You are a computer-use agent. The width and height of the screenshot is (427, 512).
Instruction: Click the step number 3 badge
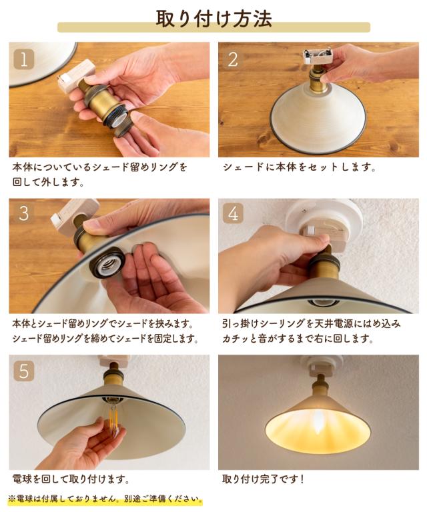[23, 213]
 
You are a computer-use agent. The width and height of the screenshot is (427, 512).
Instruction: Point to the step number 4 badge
[232, 213]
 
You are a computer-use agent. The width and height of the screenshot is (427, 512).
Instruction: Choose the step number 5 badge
[23, 370]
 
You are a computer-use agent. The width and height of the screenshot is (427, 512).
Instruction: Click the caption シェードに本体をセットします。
[299, 167]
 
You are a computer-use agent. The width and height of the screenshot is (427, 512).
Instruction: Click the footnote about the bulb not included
[105, 499]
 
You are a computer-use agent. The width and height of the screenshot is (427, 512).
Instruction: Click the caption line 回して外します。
[49, 181]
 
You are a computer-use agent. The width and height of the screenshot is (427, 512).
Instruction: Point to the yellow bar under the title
[213, 28]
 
